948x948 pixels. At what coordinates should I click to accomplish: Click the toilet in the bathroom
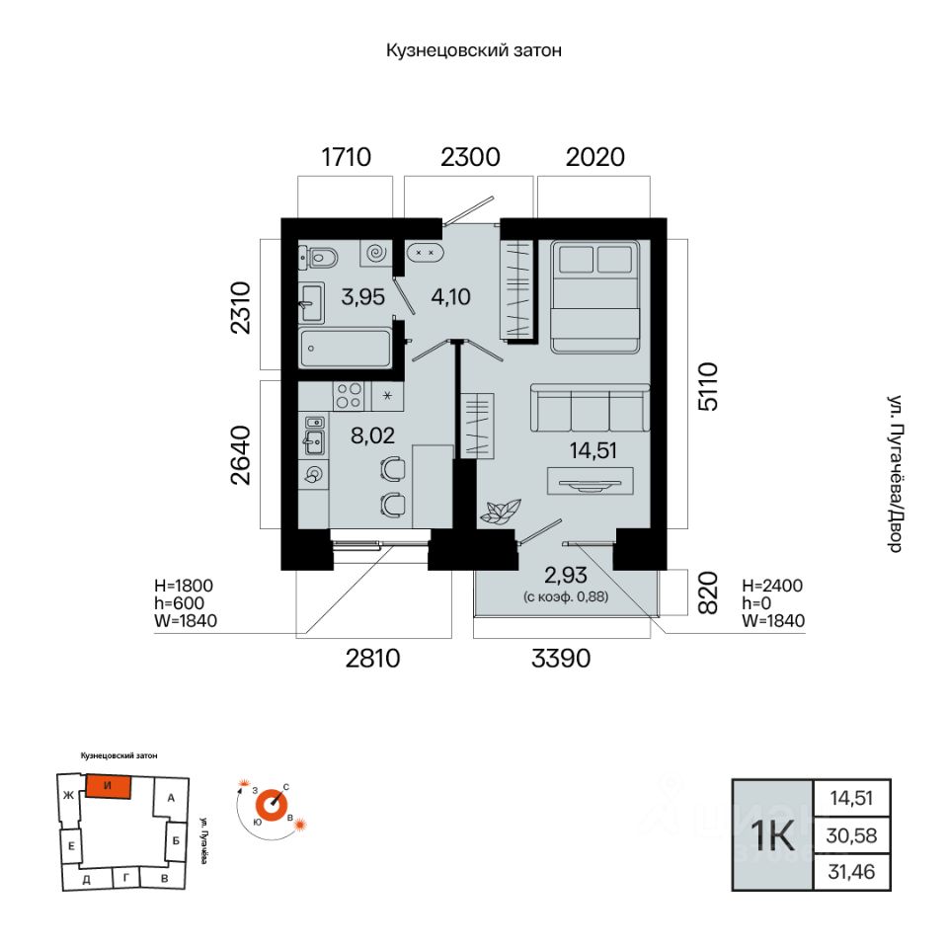tap(319, 258)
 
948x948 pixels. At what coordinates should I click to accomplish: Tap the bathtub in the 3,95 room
tap(346, 349)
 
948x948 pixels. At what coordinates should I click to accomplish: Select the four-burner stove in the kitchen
tap(350, 396)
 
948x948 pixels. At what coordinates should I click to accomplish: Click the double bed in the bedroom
tap(594, 296)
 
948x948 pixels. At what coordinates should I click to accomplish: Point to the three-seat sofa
tap(591, 408)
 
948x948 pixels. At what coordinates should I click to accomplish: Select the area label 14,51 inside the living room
tap(593, 450)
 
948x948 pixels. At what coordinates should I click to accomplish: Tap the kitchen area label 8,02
tap(372, 434)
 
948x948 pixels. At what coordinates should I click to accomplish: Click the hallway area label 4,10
tap(450, 297)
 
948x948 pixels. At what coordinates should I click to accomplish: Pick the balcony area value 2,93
tap(565, 575)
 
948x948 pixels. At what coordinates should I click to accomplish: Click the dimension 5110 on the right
tap(708, 387)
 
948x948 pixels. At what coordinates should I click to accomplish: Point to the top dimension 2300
tap(470, 157)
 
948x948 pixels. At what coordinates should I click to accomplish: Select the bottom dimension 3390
tap(561, 659)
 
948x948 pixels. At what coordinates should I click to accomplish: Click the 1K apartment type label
tap(772, 835)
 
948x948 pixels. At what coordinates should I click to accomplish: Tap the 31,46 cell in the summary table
tap(851, 872)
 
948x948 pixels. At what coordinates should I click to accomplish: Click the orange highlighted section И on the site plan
tap(109, 786)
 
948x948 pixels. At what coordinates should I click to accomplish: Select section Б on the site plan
tap(176, 840)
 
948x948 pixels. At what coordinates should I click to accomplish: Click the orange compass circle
tap(272, 804)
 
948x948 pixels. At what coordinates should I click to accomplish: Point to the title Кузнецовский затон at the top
tap(474, 50)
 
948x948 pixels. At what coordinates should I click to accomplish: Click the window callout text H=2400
tap(772, 586)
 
